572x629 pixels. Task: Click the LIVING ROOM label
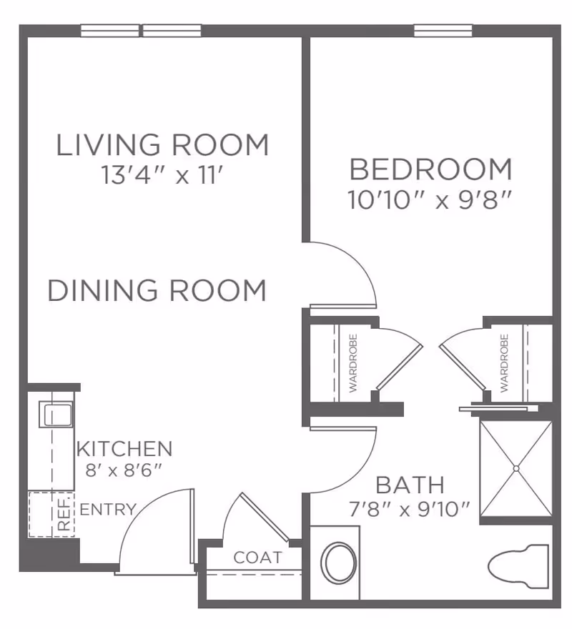click(x=163, y=145)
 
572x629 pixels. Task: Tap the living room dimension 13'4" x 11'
click(x=164, y=176)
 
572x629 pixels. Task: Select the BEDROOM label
click(x=430, y=170)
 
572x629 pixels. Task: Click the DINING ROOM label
click(x=157, y=291)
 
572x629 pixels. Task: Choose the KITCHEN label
click(x=124, y=449)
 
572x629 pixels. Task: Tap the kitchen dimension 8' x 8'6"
click(x=124, y=470)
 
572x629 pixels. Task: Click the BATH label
click(x=410, y=485)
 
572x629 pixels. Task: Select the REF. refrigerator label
click(x=64, y=513)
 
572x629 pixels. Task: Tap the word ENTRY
click(x=108, y=510)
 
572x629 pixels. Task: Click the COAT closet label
click(x=257, y=558)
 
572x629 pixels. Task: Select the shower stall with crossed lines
click(x=515, y=469)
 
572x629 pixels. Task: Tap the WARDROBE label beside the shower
click(x=504, y=363)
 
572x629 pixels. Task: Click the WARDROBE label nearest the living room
click(x=352, y=363)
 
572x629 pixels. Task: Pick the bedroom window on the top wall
click(x=443, y=31)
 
